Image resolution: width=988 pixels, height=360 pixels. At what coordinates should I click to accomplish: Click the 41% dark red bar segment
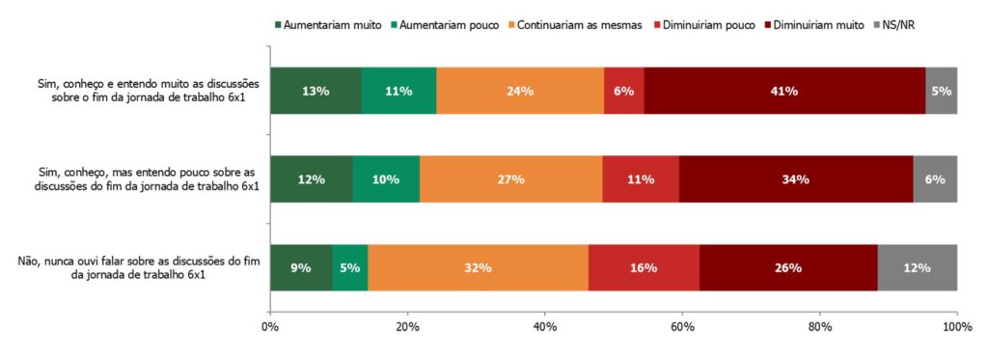[x=782, y=91]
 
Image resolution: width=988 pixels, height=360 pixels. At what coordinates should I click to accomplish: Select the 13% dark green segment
[x=316, y=91]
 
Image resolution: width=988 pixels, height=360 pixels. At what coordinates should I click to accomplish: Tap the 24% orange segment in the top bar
[x=520, y=91]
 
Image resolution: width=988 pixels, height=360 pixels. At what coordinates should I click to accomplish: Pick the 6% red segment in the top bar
[x=624, y=91]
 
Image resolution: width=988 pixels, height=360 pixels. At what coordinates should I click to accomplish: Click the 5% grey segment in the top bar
[x=941, y=91]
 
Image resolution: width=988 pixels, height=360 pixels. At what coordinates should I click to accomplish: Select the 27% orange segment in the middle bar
[x=510, y=180]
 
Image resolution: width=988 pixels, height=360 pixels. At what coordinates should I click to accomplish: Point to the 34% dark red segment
[x=796, y=180]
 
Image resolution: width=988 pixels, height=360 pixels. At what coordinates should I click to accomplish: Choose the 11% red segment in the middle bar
[x=641, y=180]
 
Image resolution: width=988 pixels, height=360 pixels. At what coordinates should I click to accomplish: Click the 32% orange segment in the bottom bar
[x=478, y=267]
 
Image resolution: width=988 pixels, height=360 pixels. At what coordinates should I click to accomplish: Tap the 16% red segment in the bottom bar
[x=644, y=267]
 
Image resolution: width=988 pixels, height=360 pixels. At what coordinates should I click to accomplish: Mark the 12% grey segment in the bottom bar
[x=918, y=267]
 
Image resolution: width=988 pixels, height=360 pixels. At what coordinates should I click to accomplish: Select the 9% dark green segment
[x=301, y=267]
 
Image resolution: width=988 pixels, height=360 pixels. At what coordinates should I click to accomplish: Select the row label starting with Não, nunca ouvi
[x=135, y=267]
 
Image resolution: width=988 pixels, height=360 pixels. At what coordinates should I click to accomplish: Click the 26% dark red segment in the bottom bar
[x=788, y=267]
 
